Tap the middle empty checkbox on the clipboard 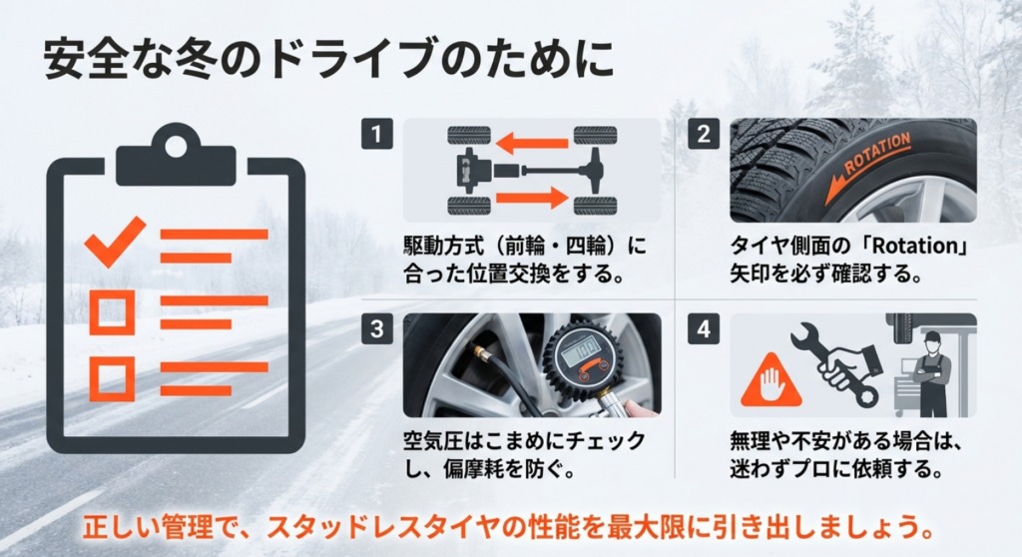click(x=111, y=311)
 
